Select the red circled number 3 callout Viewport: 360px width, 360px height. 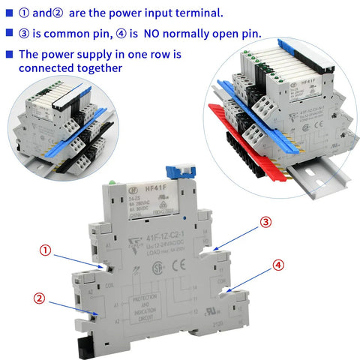[x=265, y=223]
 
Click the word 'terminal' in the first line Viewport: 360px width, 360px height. [x=180, y=13]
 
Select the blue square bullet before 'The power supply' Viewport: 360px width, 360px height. [x=9, y=55]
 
